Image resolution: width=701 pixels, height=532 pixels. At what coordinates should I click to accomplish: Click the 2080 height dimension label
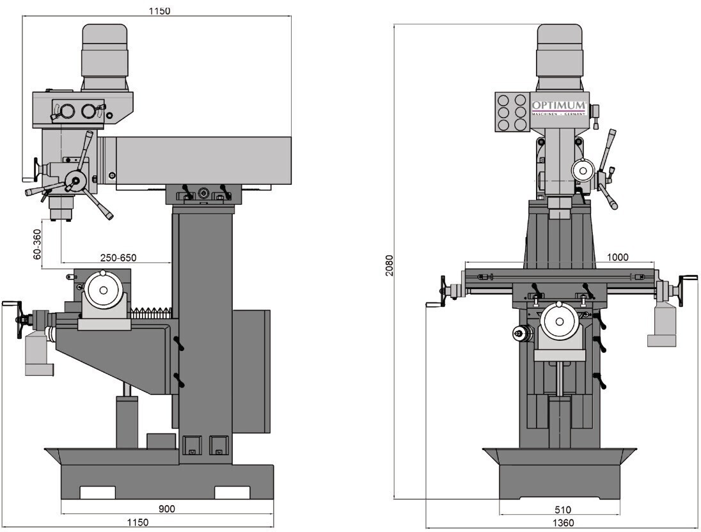[390, 265]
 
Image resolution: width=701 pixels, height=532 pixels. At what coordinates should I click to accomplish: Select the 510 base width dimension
[562, 510]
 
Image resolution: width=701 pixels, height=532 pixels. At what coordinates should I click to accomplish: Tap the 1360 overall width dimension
[563, 522]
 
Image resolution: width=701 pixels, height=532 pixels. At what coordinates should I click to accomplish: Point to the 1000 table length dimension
[618, 257]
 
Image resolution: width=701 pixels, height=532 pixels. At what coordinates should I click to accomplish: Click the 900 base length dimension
[167, 509]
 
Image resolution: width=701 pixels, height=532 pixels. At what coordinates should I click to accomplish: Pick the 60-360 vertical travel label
[37, 244]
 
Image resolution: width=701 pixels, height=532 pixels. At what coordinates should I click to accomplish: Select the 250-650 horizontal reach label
[118, 258]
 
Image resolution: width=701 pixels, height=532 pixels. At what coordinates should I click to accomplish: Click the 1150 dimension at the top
[160, 11]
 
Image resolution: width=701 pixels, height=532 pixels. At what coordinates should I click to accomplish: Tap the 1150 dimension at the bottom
[138, 522]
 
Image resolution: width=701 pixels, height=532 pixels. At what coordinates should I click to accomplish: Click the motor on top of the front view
[560, 57]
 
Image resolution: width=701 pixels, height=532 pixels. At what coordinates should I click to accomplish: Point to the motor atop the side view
[105, 57]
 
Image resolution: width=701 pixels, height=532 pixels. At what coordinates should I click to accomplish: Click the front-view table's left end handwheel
[443, 290]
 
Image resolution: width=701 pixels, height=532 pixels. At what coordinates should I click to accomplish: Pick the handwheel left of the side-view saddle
[20, 319]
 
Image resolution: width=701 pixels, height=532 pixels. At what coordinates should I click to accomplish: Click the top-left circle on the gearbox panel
[504, 99]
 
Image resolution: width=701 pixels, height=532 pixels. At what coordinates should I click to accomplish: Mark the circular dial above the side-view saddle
[104, 290]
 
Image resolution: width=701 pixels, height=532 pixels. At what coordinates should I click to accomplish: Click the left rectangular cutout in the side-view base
[97, 492]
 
